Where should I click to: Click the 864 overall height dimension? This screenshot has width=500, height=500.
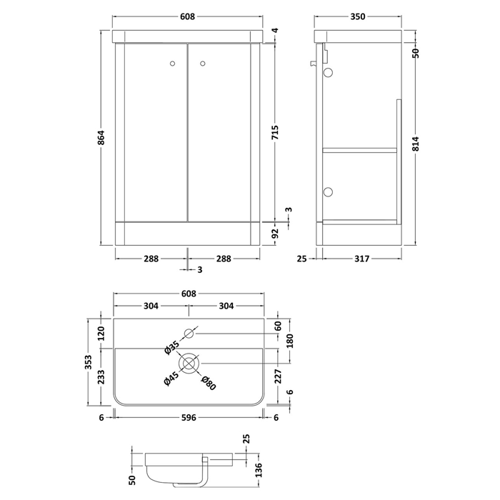pyautogui.click(x=101, y=137)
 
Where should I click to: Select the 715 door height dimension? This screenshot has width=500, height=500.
pyautogui.click(x=274, y=133)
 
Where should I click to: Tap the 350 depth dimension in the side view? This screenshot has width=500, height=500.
pyautogui.click(x=358, y=16)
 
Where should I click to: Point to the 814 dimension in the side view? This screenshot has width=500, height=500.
pyautogui.click(x=415, y=144)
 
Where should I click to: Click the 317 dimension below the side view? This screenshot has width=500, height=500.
pyautogui.click(x=361, y=259)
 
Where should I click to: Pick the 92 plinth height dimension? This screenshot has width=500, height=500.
pyautogui.click(x=275, y=234)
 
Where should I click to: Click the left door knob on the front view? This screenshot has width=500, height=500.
pyautogui.click(x=173, y=64)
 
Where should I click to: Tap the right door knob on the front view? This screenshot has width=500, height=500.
pyautogui.click(x=202, y=64)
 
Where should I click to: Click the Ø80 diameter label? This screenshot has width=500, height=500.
pyautogui.click(x=209, y=383)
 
